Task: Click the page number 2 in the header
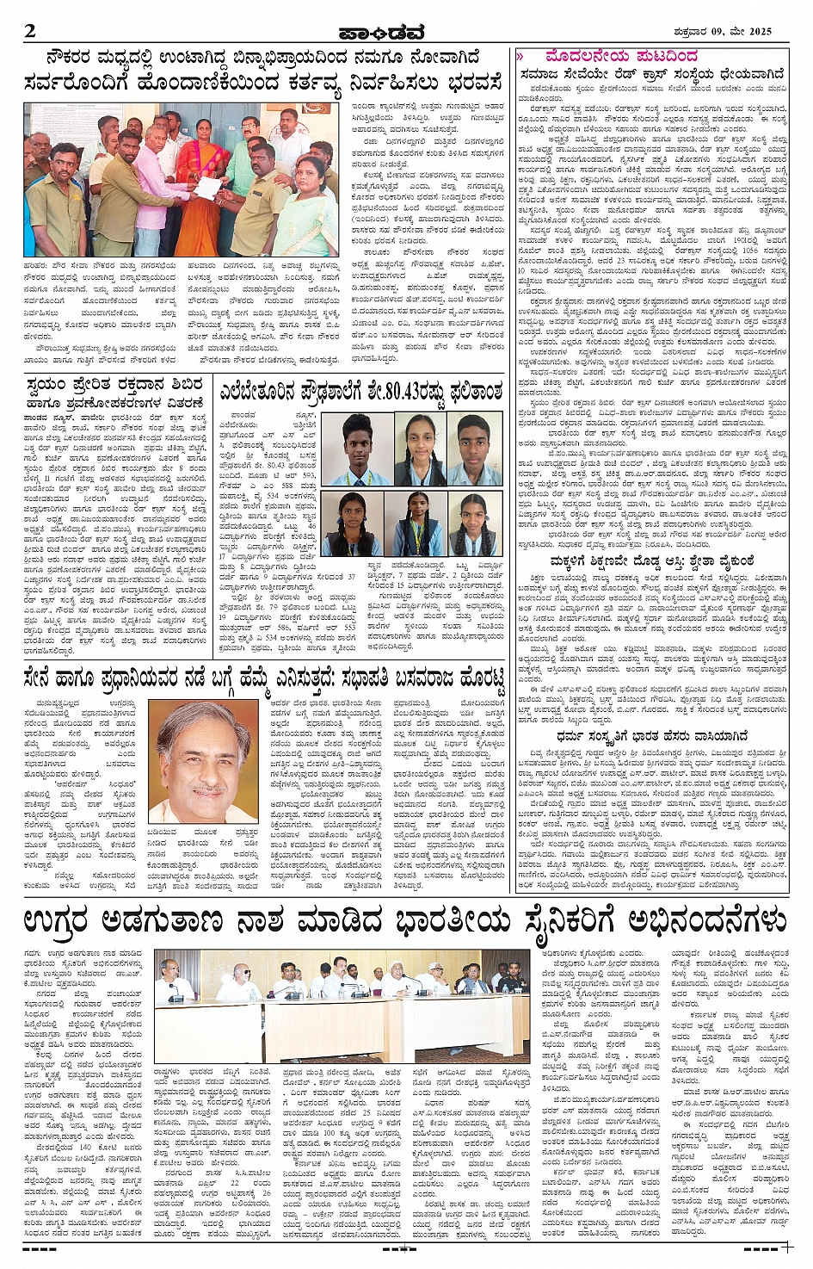[x=30, y=32]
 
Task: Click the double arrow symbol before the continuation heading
[x=520, y=57]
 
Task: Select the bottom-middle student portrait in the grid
[x=414, y=524]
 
